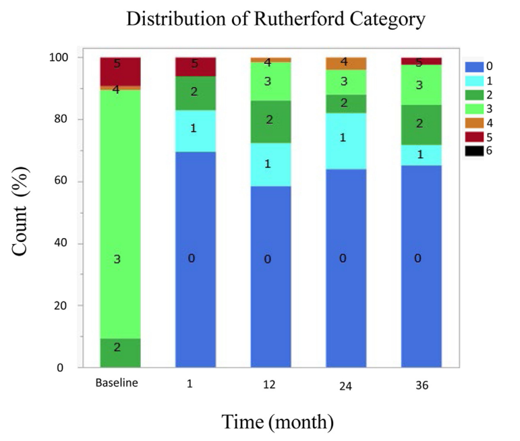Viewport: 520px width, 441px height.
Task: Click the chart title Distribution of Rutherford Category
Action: pyautogui.click(x=275, y=20)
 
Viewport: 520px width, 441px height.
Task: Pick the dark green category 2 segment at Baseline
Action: pyautogui.click(x=120, y=353)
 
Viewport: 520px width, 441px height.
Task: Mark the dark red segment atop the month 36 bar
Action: pyautogui.click(x=421, y=61)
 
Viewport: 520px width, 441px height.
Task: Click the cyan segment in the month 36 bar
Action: pyautogui.click(x=421, y=155)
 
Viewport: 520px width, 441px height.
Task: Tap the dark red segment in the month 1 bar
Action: pyautogui.click(x=195, y=67)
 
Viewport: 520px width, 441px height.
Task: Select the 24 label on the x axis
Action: pyautogui.click(x=346, y=386)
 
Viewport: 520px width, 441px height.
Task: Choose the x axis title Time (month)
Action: pyautogui.click(x=278, y=422)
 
